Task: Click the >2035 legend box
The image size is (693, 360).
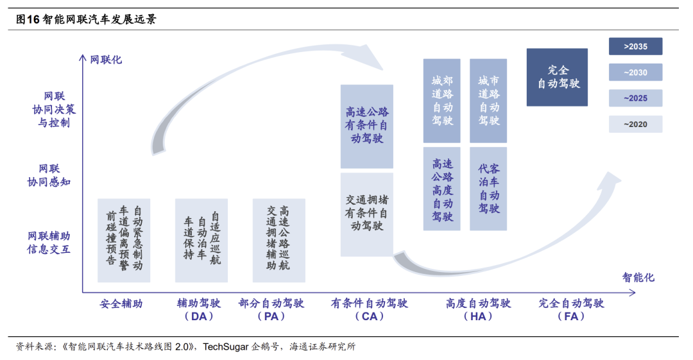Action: [x=635, y=46]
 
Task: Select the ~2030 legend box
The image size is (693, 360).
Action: [x=635, y=73]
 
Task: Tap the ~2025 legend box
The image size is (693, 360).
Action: [x=635, y=98]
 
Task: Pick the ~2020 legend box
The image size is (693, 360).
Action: [x=635, y=124]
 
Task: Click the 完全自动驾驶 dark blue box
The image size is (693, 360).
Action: [x=557, y=77]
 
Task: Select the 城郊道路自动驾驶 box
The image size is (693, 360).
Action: [x=441, y=101]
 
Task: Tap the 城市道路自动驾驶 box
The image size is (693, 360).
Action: [x=488, y=101]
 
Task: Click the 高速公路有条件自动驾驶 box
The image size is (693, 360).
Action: [x=366, y=126]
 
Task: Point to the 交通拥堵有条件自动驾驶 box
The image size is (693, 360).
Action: [x=366, y=214]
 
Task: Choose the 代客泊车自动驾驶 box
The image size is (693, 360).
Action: [x=488, y=189]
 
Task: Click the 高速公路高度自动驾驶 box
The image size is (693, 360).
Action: [x=441, y=189]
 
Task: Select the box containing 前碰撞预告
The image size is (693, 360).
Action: [x=124, y=240]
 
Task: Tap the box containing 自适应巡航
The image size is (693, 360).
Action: [x=201, y=240]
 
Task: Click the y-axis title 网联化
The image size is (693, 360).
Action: [x=106, y=60]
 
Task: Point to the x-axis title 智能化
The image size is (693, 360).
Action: [x=638, y=277]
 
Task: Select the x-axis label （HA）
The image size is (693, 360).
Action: [x=478, y=316]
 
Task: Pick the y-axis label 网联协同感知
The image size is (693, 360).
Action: [x=49, y=175]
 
